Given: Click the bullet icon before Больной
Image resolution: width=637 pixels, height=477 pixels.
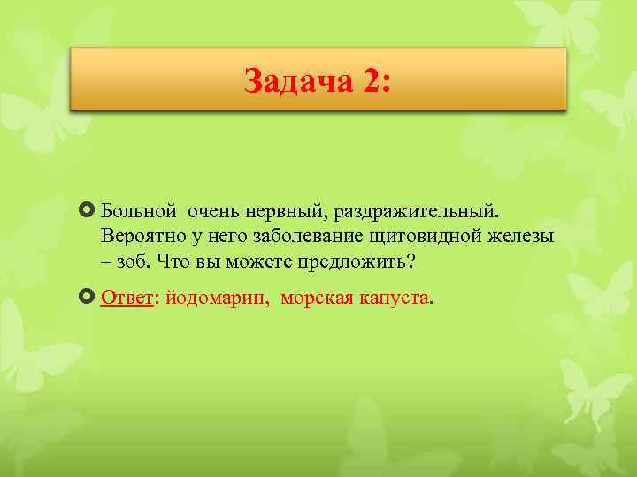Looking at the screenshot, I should (88, 213).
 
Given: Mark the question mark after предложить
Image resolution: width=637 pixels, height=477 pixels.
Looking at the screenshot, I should (410, 262).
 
